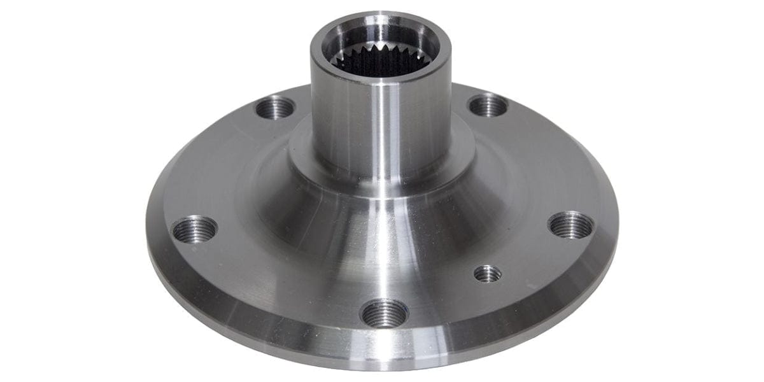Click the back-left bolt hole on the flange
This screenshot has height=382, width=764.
tap(275, 107)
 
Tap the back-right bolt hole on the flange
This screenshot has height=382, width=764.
tap(488, 105)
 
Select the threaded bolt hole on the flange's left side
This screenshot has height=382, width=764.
tap(195, 229)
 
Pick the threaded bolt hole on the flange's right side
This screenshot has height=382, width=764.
tap(571, 225)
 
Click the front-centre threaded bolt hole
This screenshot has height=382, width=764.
tap(384, 313)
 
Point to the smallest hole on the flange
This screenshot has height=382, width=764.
tap(488, 274)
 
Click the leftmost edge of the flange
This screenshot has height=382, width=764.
tap(148, 223)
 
